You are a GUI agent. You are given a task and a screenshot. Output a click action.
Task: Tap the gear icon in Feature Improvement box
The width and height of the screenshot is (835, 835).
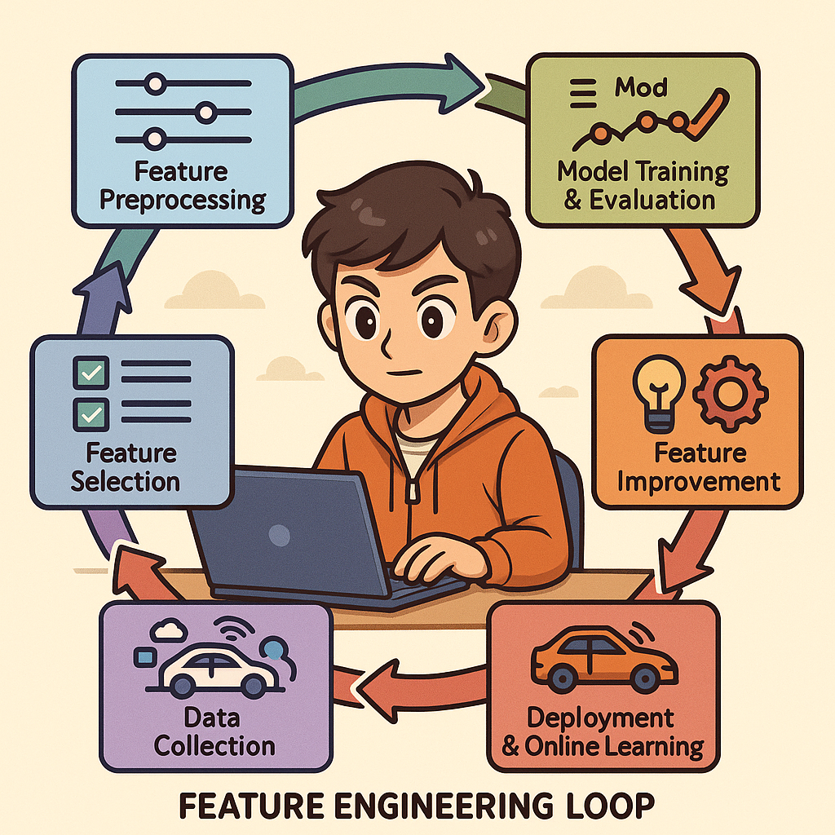click(x=729, y=391)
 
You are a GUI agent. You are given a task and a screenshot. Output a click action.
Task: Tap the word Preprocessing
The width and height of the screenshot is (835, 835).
click(x=183, y=200)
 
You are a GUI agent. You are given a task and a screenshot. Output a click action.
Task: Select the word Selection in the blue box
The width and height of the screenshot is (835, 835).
click(x=125, y=481)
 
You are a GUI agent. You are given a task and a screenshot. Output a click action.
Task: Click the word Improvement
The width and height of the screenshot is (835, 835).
click(x=699, y=481)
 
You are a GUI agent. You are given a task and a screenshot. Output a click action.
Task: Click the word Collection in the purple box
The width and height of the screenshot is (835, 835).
click(x=214, y=745)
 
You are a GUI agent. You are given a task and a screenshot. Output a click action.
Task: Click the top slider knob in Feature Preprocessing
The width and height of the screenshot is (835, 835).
click(x=155, y=82)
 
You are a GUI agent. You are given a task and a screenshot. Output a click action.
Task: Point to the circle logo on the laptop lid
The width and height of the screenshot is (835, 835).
click(x=279, y=536)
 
